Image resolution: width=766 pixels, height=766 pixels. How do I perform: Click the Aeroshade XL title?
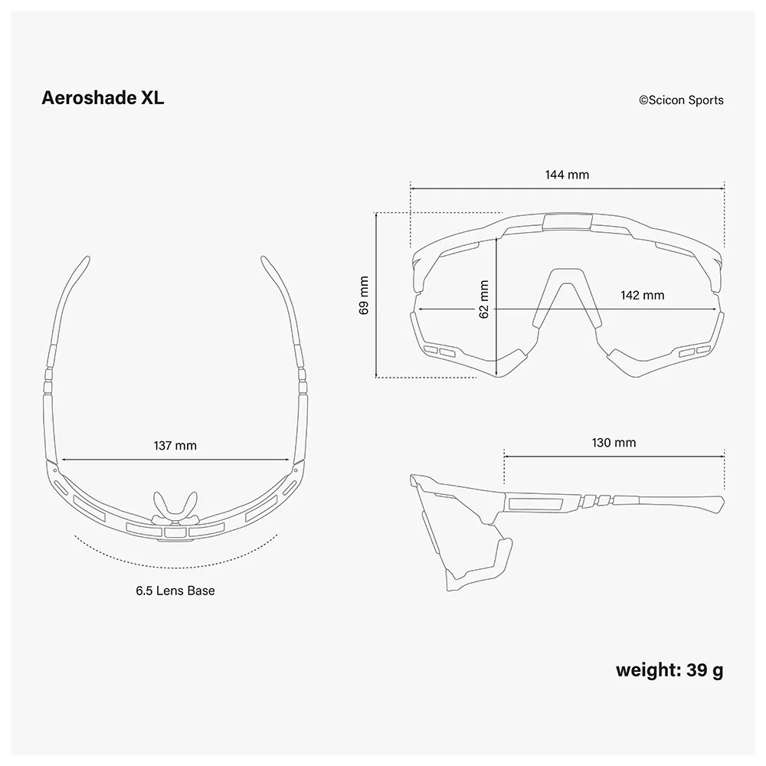[103, 98]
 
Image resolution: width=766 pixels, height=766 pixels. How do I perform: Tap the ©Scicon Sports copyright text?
[681, 100]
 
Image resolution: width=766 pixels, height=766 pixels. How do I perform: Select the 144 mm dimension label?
[567, 175]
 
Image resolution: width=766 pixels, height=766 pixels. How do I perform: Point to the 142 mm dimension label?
[643, 296]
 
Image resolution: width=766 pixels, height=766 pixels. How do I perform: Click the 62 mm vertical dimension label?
[483, 299]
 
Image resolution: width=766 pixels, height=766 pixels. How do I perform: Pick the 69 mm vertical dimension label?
[364, 296]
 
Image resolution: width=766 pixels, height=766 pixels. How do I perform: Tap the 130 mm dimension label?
[614, 443]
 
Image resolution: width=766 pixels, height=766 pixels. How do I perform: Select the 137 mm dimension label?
[175, 446]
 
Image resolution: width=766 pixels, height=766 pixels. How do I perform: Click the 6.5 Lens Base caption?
[175, 591]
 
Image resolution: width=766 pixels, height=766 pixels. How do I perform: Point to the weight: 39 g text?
[669, 669]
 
